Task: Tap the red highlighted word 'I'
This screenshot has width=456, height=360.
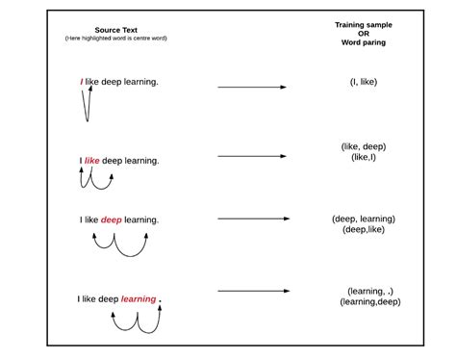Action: tap(81, 82)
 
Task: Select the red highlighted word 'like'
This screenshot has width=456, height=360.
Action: tap(92, 160)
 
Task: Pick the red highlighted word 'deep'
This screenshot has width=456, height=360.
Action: tap(112, 219)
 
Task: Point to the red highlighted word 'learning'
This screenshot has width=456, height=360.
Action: tap(139, 299)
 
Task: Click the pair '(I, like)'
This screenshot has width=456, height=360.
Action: tap(365, 84)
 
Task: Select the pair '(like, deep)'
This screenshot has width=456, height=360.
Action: tap(365, 146)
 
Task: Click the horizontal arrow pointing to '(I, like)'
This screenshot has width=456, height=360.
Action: tap(252, 88)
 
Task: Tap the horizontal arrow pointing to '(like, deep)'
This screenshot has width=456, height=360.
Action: tap(252, 156)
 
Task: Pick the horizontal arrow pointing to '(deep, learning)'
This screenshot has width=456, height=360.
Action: tap(252, 219)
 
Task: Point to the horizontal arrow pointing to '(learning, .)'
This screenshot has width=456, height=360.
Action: tap(252, 290)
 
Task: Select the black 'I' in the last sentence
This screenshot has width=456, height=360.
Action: tap(80, 299)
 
